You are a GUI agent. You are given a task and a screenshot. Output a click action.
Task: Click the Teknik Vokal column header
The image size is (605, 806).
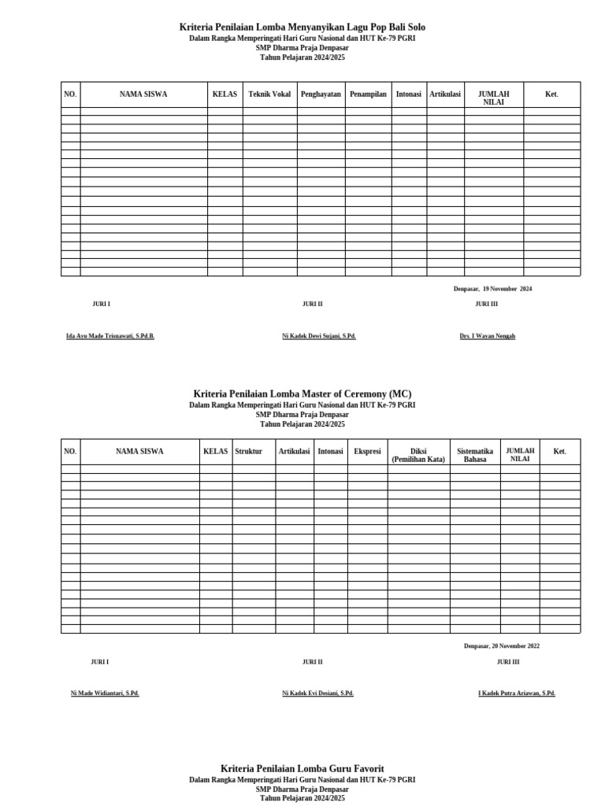[269, 94]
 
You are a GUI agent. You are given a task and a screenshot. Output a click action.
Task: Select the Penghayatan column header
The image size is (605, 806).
[321, 94]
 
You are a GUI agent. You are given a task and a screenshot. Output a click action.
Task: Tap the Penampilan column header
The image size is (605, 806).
[368, 94]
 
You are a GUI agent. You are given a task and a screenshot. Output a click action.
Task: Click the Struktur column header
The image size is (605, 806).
[248, 452]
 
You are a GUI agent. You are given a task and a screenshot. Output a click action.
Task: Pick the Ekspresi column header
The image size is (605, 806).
[367, 452]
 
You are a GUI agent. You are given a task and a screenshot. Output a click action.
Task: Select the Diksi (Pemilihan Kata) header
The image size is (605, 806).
[418, 456]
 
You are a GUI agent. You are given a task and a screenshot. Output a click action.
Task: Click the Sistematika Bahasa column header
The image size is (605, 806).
[475, 456]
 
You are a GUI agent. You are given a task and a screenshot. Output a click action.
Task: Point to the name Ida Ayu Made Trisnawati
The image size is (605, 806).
[110, 336]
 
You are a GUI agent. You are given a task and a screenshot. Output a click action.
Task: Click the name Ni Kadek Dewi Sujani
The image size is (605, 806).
[319, 336]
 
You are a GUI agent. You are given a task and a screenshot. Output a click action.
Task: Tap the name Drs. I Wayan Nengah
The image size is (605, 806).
[487, 336]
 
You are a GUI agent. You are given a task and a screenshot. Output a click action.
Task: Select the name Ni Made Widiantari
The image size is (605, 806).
[105, 693]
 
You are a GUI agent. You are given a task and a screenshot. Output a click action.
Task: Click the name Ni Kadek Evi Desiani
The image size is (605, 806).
[317, 693]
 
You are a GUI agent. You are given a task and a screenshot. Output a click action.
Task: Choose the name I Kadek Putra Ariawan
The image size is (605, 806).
[517, 693]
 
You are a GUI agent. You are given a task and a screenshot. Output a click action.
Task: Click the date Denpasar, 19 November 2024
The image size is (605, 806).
[492, 289]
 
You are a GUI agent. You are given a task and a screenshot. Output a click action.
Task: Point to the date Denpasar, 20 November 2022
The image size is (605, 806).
[502, 646]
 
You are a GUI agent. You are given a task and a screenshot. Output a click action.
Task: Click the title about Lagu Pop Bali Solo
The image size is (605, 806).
[302, 28]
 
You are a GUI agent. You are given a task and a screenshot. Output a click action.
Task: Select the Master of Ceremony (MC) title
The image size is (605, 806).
[302, 394]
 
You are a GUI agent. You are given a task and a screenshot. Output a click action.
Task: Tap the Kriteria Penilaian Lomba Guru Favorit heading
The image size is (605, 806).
[302, 768]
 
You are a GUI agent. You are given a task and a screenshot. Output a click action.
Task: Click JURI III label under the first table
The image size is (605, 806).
[486, 304]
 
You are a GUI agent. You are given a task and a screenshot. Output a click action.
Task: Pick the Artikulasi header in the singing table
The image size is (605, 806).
[445, 94]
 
